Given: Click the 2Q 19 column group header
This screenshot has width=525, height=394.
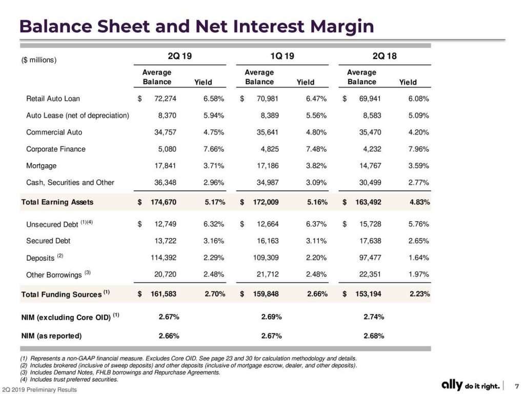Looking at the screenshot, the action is pos(180,55).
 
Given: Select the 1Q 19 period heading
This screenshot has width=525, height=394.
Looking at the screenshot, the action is pos(282,55).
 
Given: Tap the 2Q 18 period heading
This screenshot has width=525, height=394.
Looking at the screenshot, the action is pos(385,55).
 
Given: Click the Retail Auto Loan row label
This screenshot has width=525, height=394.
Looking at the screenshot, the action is pos(53,98).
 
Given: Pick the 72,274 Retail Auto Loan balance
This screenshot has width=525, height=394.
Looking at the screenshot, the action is pos(165,98).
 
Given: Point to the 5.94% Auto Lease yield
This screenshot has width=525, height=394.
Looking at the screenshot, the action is pos(214,115).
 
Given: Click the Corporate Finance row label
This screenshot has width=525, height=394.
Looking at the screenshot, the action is pos(56,149).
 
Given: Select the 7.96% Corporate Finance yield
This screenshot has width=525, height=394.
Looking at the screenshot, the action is pos(418,149).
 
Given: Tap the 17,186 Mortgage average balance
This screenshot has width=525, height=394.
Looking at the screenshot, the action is pos(268,166).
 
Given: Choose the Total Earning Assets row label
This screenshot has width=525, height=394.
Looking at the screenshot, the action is pos(57,202).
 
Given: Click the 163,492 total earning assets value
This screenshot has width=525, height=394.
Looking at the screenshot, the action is pos(368,202).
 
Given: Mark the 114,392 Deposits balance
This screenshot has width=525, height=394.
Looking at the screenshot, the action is pos(164,258).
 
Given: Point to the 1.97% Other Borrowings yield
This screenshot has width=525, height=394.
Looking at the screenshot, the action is pos(418,274).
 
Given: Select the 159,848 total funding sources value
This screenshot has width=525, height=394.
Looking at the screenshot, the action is pos(266,294).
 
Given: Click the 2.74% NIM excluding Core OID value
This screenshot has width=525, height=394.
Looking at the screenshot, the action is pos(374,317).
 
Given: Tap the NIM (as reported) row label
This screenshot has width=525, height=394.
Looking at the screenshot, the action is pos(51,336).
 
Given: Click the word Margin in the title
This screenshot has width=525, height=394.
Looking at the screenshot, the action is pos(342,27).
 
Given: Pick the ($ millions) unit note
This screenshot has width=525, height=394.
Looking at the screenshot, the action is pos(39,60).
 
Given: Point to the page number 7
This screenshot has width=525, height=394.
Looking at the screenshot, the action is pos(517,386).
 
